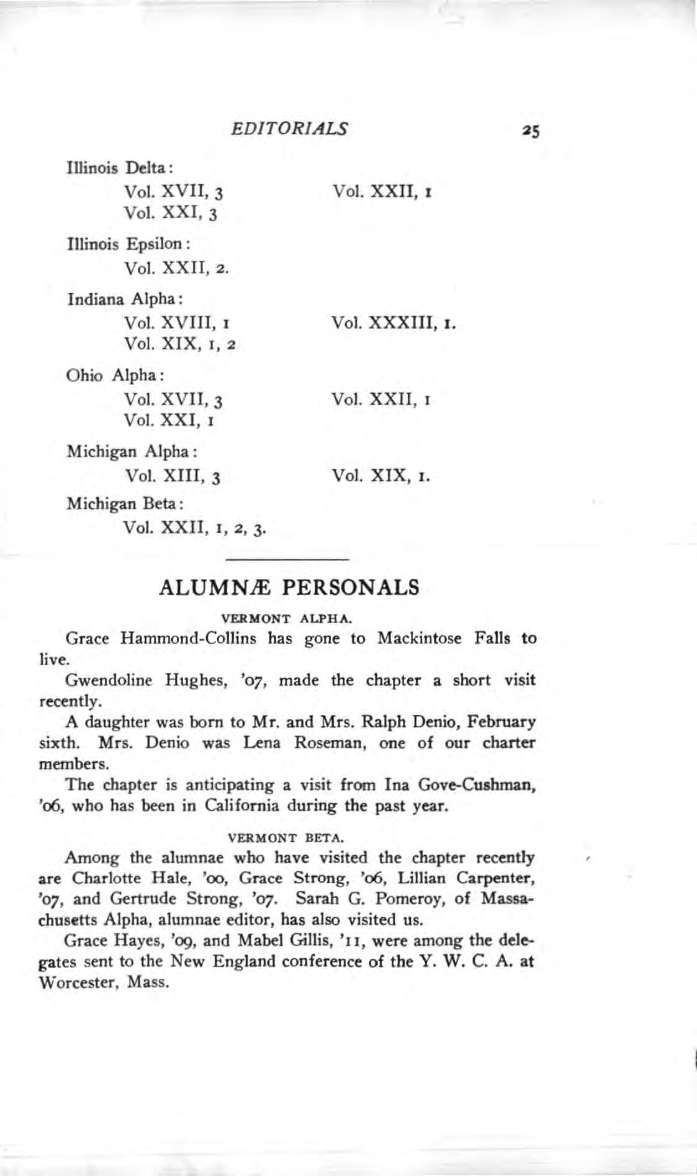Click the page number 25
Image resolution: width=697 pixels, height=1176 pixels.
[532, 131]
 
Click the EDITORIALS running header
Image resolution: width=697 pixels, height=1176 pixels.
[289, 128]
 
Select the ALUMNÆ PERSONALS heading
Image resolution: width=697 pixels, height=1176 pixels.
[289, 587]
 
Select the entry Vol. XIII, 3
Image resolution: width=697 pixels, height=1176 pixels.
[174, 477]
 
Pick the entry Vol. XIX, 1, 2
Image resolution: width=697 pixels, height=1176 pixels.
[181, 344]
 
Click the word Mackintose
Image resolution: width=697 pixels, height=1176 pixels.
[420, 639]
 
